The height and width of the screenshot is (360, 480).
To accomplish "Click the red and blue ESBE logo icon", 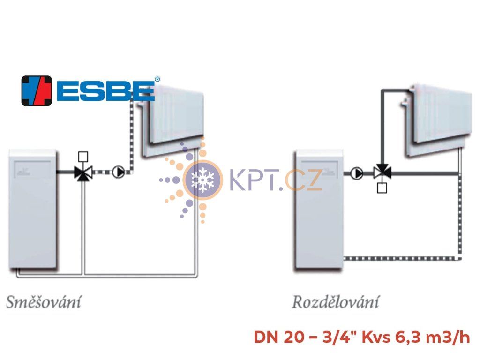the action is point(37,91).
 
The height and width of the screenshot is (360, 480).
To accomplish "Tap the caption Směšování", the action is point(44,302).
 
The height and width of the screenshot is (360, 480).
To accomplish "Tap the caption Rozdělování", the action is point(336,302).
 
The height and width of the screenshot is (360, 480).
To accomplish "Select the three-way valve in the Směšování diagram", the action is point(83,173).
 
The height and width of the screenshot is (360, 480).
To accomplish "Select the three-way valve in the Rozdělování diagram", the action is point(382,172).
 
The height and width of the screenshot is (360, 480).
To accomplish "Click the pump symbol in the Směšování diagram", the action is point(118,172).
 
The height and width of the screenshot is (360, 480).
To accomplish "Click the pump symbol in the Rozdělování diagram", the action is point(356,173).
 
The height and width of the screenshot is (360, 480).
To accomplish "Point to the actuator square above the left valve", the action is point(83,157).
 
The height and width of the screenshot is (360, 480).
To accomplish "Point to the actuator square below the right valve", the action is point(382,188).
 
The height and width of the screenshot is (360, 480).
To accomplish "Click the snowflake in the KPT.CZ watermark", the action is point(202,180).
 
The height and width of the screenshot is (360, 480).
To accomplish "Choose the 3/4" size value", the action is point(340,337).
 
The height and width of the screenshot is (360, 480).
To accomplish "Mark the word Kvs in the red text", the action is point(376,337).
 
